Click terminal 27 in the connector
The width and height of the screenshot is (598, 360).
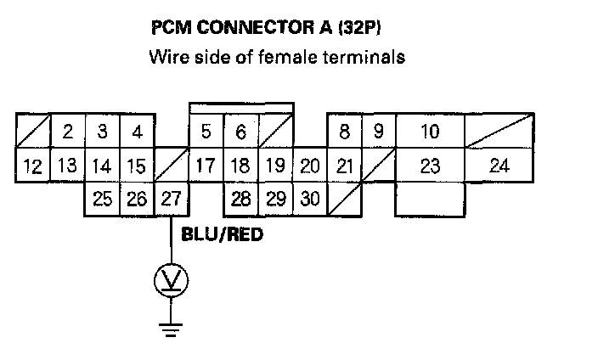[171, 200]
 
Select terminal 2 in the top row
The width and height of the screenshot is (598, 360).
[67, 132]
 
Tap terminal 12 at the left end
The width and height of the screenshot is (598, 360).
[32, 166]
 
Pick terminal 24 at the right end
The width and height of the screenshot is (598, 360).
[499, 166]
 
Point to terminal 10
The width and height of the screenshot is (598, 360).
[430, 132]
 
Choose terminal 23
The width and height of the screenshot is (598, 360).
[430, 166]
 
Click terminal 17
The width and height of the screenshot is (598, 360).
[206, 166]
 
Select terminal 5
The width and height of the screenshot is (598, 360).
[206, 132]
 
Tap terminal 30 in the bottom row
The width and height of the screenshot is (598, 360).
[310, 200]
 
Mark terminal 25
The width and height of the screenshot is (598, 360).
[102, 200]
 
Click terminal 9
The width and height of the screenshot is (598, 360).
[379, 132]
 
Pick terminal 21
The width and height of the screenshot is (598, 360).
[344, 166]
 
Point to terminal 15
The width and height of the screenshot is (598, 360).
[137, 166]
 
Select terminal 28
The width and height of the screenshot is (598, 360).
[240, 200]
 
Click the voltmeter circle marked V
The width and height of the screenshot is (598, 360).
[171, 282]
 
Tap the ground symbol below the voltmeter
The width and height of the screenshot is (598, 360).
[171, 327]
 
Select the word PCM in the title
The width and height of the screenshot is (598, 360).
[171, 28]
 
